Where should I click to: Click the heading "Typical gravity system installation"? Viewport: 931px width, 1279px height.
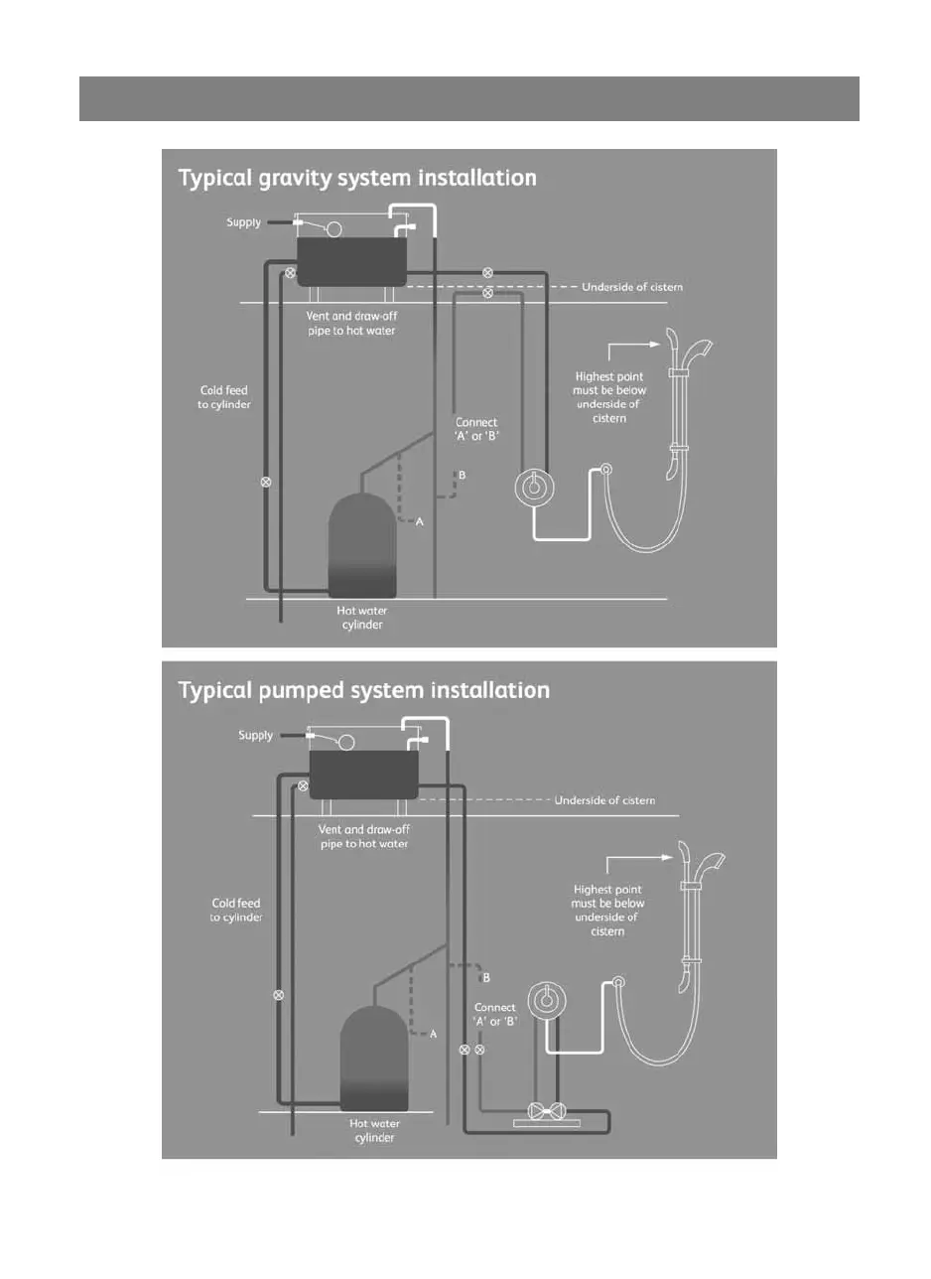tap(357, 179)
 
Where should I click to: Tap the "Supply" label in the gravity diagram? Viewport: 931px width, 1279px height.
tap(243, 222)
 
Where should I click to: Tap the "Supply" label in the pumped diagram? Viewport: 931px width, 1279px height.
tap(255, 736)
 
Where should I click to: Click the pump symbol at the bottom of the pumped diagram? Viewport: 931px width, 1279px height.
tap(548, 1110)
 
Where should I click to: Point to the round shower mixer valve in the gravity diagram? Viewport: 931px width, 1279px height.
tap(534, 488)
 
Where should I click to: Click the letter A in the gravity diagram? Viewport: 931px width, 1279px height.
tap(419, 522)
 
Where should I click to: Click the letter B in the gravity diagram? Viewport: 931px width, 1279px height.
tap(462, 476)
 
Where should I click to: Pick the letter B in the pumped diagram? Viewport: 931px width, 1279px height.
tap(485, 978)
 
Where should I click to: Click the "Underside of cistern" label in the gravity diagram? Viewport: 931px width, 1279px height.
tap(632, 287)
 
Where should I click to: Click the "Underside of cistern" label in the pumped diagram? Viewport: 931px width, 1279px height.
tap(604, 800)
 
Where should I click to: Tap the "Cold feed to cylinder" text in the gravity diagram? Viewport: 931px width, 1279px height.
tap(223, 398)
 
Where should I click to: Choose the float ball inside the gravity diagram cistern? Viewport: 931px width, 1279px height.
tap(334, 228)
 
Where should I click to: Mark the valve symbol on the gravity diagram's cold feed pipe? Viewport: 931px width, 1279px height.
tap(265, 483)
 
